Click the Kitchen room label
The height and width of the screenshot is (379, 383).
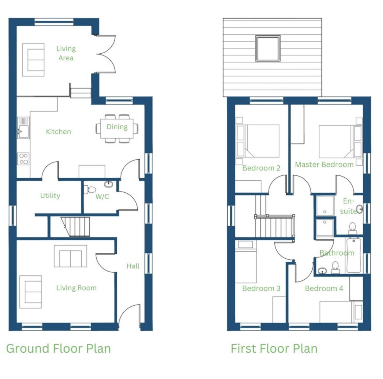pyautogui.click(x=58, y=132)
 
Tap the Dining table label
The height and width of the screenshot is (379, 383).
pyautogui.click(x=117, y=127)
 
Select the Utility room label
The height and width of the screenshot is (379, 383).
pyautogui.click(x=50, y=195)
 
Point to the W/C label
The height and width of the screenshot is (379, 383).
pyautogui.click(x=102, y=197)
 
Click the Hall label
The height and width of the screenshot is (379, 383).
pyautogui.click(x=133, y=266)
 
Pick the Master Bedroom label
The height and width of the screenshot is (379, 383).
pyautogui.click(x=324, y=165)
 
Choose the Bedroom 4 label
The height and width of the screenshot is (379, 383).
pyautogui.click(x=324, y=288)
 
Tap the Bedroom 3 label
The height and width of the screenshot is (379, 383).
pyautogui.click(x=261, y=288)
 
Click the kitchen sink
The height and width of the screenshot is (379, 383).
pyautogui.click(x=24, y=128)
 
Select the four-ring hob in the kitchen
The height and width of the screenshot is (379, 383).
pyautogui.click(x=24, y=159)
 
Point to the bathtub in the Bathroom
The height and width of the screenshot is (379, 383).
pyautogui.click(x=354, y=255)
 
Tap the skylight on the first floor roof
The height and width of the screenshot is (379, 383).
pyautogui.click(x=268, y=48)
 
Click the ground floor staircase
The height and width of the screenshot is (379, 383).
pyautogui.click(x=76, y=227)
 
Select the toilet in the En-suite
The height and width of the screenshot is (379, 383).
pyautogui.click(x=352, y=228)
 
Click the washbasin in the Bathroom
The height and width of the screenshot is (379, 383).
pyautogui.click(x=323, y=271)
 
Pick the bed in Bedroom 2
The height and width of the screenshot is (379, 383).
pyautogui.click(x=258, y=141)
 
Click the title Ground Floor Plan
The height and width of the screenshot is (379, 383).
pyautogui.click(x=58, y=348)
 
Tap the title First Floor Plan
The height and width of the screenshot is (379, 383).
pyautogui.click(x=274, y=348)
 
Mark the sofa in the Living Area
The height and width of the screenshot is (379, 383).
pyautogui.click(x=33, y=60)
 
